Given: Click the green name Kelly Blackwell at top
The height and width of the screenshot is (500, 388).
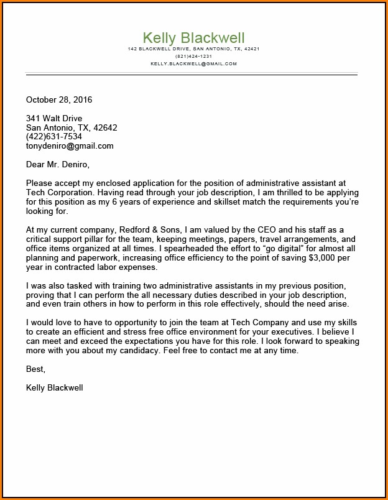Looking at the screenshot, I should [193, 37].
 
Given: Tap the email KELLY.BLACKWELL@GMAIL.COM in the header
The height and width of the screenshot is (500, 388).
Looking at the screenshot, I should [193, 63].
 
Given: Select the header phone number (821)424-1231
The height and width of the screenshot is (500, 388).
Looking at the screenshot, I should [193, 56].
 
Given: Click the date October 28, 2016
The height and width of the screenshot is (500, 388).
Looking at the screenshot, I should [59, 100].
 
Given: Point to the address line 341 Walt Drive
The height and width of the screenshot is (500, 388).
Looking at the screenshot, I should [54, 118].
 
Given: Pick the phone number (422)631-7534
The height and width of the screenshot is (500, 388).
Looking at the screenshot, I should [54, 137].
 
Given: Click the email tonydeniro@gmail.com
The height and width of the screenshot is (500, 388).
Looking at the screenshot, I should [70, 146].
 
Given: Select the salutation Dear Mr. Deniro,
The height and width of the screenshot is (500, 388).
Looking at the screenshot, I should [58, 165].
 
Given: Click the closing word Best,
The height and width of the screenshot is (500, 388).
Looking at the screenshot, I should [36, 369].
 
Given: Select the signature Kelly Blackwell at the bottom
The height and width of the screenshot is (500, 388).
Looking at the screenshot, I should [55, 387].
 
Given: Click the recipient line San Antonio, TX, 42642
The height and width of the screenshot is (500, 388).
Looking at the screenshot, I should [72, 127].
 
